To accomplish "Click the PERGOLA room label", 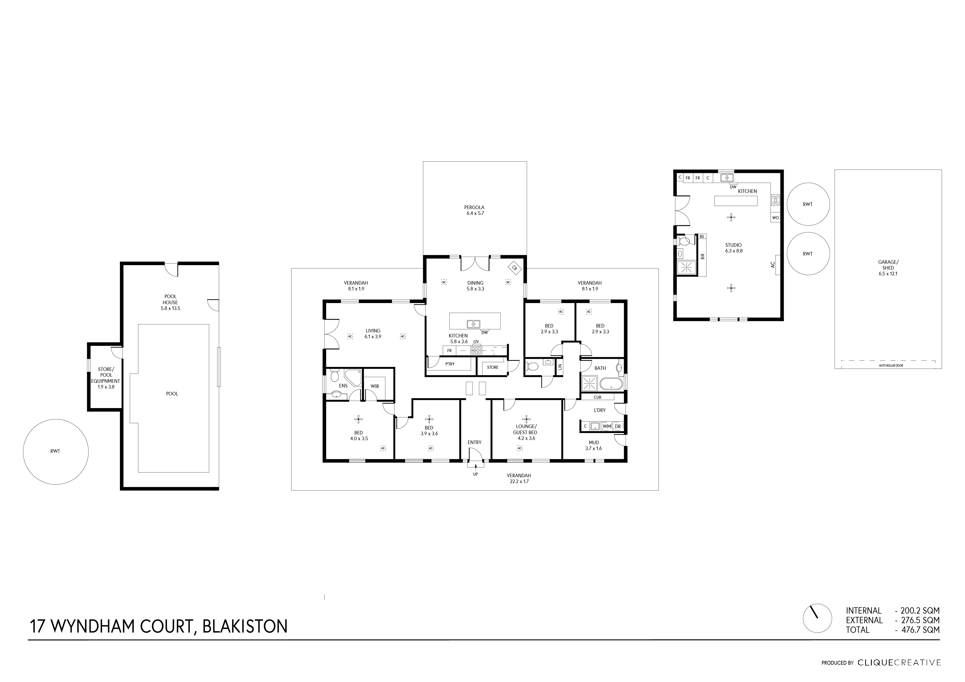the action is click(x=474, y=207).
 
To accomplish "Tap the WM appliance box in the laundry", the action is click(x=606, y=426).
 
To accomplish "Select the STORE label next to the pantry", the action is click(x=493, y=367).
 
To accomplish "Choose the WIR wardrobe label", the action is click(x=375, y=386).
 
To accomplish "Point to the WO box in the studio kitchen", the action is click(x=776, y=218).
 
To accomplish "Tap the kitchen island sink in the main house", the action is click(x=474, y=324).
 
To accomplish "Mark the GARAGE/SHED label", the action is click(x=888, y=265).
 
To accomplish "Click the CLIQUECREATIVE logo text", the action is click(x=898, y=663).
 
